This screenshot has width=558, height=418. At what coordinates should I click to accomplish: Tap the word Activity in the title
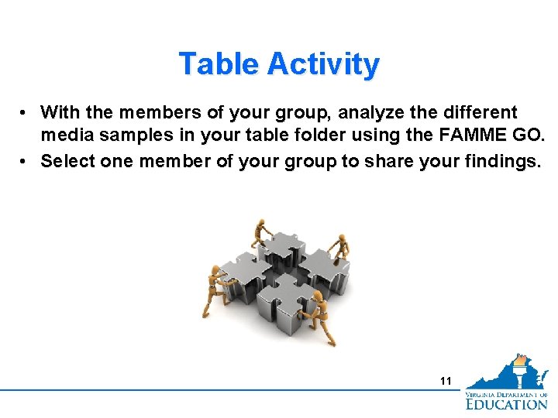(x=323, y=63)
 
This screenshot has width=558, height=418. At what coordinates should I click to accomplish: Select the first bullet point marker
(x=26, y=113)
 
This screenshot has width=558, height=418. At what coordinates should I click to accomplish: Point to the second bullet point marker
(x=26, y=161)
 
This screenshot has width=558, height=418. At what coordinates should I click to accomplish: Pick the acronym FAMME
(x=481, y=137)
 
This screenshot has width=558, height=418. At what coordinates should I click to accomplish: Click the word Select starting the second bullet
(x=68, y=161)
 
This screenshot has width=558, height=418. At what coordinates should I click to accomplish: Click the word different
(x=478, y=113)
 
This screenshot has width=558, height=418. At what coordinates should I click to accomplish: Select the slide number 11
(x=445, y=380)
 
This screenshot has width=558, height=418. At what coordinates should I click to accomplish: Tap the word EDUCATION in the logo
(x=506, y=403)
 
